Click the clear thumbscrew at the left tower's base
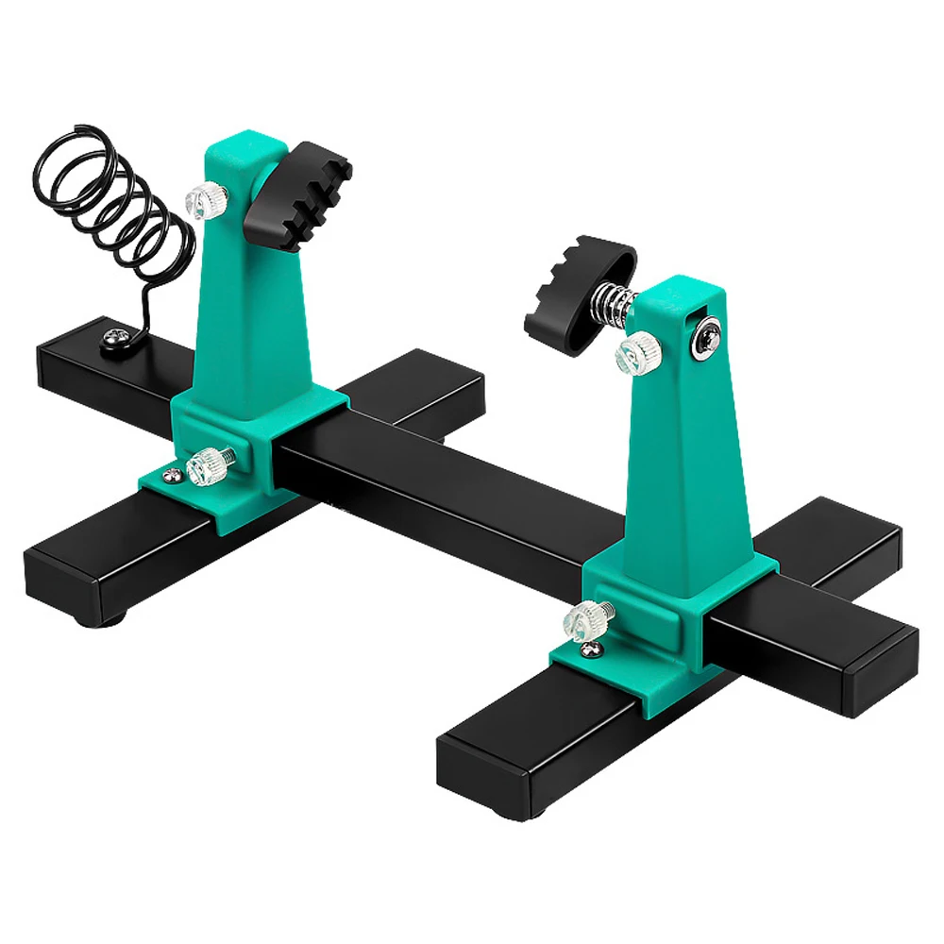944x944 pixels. [207, 466]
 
